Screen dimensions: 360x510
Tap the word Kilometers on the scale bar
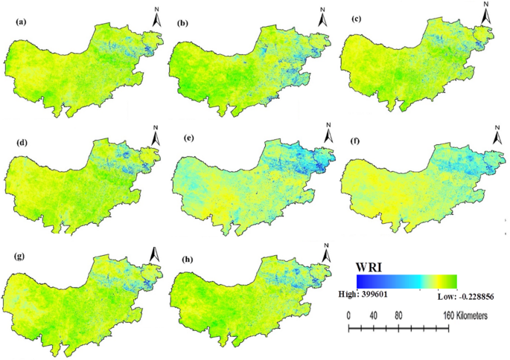(466, 316)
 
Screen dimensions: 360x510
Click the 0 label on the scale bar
(349, 316)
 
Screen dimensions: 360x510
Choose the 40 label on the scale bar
(374, 316)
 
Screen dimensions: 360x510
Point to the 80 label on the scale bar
(399, 316)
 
